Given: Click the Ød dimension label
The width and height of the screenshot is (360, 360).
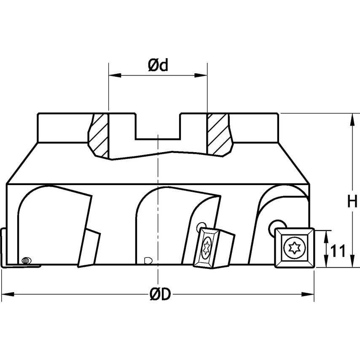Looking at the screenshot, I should click(x=158, y=66).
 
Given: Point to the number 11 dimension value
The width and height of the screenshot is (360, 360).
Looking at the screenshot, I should click(x=338, y=251).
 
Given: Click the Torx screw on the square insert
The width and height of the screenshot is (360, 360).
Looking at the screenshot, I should click(x=293, y=247).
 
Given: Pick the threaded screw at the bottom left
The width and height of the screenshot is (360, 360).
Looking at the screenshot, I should click(x=26, y=261).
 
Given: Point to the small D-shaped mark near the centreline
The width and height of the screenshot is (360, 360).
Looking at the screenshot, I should click(x=147, y=260).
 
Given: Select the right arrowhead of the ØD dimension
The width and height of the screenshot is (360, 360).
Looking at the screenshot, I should click(x=310, y=294).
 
